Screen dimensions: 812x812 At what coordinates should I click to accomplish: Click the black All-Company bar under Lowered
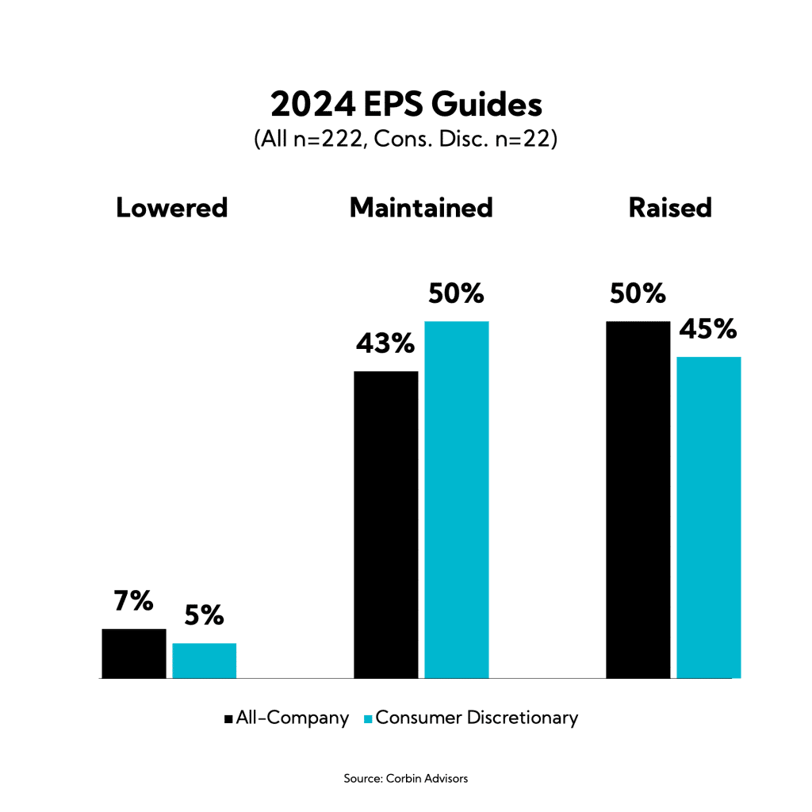pyautogui.click(x=134, y=653)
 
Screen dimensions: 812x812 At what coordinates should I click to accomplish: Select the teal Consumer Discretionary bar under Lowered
pyautogui.click(x=204, y=661)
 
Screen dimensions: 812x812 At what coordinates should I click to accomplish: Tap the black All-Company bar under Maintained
pyautogui.click(x=385, y=524)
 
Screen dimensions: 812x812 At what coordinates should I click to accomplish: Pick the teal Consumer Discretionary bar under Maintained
pyautogui.click(x=456, y=500)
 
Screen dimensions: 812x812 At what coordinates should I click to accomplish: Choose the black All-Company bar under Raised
pyautogui.click(x=638, y=500)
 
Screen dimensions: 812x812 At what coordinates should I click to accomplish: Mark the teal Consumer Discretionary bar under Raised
pyautogui.click(x=708, y=517)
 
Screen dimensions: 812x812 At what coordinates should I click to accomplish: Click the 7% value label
pyautogui.click(x=134, y=603)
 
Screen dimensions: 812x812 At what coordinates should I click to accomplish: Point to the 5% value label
pyautogui.click(x=205, y=617)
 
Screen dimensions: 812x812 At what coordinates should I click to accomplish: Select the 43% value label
pyautogui.click(x=385, y=344)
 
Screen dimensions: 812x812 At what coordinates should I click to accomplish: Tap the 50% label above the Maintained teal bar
pyautogui.click(x=456, y=294)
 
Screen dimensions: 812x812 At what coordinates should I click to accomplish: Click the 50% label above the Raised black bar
pyautogui.click(x=638, y=294)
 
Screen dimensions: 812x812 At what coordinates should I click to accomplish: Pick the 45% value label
pyautogui.click(x=708, y=330)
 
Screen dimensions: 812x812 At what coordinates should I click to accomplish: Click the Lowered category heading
pyautogui.click(x=172, y=208)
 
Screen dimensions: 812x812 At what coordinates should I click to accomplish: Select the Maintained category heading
pyautogui.click(x=421, y=208)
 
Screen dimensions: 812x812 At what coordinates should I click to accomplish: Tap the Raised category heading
pyautogui.click(x=670, y=208)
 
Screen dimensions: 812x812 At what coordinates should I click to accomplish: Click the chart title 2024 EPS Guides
pyautogui.click(x=406, y=105)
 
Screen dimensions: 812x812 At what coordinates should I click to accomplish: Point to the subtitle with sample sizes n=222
pyautogui.click(x=406, y=140)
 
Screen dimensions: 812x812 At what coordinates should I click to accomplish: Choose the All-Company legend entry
pyautogui.click(x=287, y=718)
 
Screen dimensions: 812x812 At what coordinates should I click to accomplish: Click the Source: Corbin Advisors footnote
pyautogui.click(x=406, y=779)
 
